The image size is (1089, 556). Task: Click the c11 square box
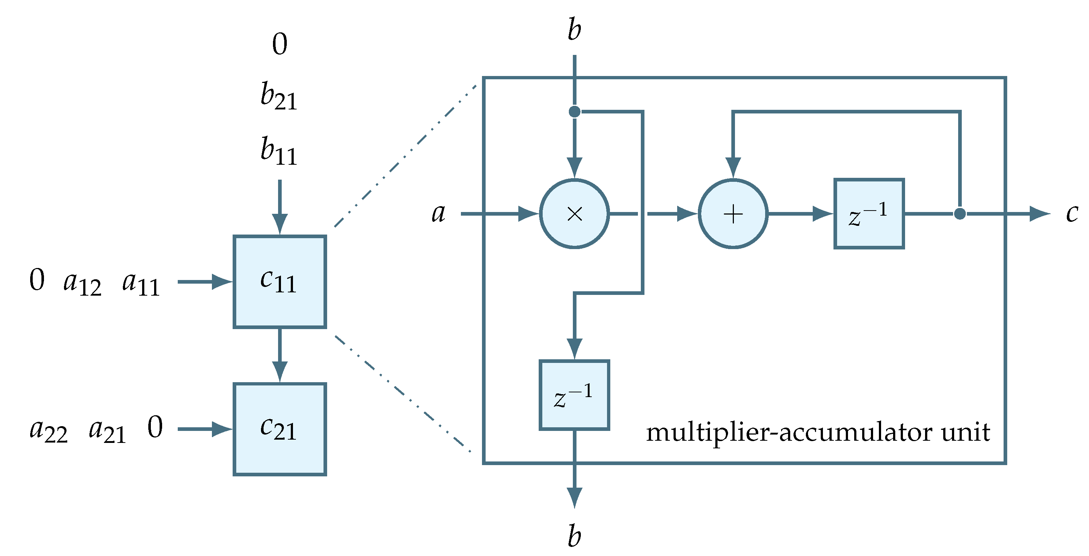pyautogui.click(x=280, y=281)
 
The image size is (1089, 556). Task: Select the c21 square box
pyautogui.click(x=280, y=429)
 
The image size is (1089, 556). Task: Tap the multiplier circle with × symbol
pyautogui.click(x=574, y=214)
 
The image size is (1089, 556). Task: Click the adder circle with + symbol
pyautogui.click(x=733, y=214)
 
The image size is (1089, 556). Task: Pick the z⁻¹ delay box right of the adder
pyautogui.click(x=869, y=214)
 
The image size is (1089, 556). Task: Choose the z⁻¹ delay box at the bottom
pyautogui.click(x=574, y=395)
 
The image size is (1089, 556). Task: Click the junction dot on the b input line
pyautogui.click(x=574, y=112)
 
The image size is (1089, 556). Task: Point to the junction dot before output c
pyautogui.click(x=960, y=214)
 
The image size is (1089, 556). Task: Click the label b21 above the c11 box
pyautogui.click(x=278, y=96)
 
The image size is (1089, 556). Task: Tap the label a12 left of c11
pyautogui.click(x=83, y=283)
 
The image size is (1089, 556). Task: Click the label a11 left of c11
pyautogui.click(x=141, y=283)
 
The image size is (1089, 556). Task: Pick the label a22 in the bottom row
pyautogui.click(x=48, y=431)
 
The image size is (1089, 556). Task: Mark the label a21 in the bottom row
pyautogui.click(x=107, y=431)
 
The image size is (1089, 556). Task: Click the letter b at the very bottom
pyautogui.click(x=574, y=536)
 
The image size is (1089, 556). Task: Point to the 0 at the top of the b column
pyautogui.click(x=280, y=44)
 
